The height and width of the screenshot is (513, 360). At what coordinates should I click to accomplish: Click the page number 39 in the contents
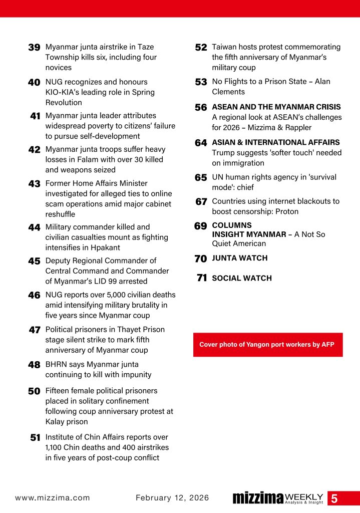(34, 48)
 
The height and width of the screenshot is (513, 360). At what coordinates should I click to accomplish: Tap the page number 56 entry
(201, 108)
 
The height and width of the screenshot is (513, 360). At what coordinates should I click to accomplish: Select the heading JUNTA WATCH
(239, 258)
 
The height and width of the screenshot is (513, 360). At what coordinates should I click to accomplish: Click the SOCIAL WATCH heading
(242, 278)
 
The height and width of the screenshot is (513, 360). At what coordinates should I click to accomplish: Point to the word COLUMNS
(232, 225)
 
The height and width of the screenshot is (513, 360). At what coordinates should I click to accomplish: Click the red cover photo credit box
(268, 345)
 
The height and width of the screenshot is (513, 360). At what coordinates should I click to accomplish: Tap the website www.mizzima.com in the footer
(53, 498)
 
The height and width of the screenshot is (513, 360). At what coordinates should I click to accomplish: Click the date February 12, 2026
(172, 498)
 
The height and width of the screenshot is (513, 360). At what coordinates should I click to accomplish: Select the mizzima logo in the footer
(258, 498)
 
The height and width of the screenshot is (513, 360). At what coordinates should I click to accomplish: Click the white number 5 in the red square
(334, 498)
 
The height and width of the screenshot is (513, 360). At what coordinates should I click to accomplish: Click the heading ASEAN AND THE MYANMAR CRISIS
(276, 107)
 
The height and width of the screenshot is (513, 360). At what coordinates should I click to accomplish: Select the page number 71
(202, 278)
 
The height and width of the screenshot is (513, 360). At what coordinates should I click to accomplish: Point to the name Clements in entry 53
(228, 92)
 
